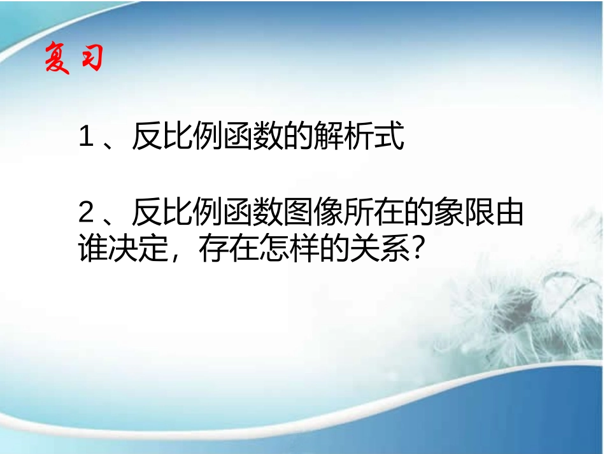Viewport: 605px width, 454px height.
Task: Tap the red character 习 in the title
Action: point(90,59)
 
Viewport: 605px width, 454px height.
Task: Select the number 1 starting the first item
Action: point(85,138)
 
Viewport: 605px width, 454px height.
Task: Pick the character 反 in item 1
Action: point(145,138)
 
